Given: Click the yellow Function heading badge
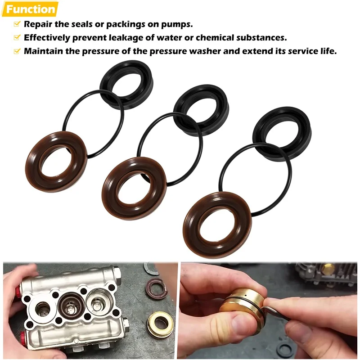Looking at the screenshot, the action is click(x=30, y=9).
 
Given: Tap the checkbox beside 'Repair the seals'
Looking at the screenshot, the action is click(x=17, y=24).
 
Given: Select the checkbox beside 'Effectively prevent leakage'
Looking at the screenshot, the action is click(x=17, y=37).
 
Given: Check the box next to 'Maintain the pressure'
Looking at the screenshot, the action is click(x=17, y=51).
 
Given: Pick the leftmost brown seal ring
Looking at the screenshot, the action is click(x=56, y=162).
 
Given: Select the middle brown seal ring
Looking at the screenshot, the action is click(x=134, y=188).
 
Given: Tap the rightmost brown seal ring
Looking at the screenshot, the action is click(x=217, y=225).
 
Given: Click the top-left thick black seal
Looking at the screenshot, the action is click(x=126, y=85).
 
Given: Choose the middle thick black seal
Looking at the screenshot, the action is click(x=201, y=110).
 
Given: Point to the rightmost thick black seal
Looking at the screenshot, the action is click(x=282, y=134).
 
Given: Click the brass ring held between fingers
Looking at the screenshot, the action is click(x=243, y=303).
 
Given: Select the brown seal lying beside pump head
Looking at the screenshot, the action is click(x=155, y=288).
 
